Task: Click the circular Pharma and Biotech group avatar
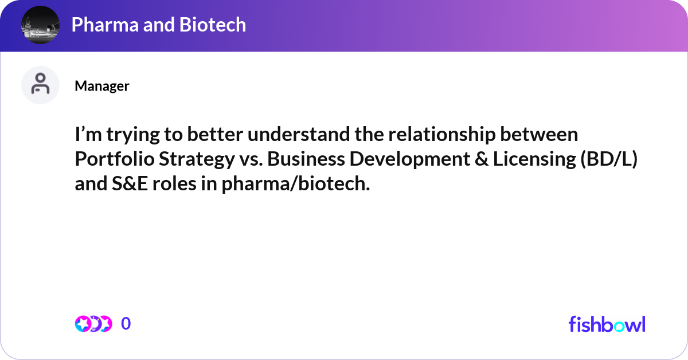(40, 25)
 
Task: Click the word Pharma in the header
(105, 25)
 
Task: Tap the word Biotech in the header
(213, 24)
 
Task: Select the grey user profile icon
(40, 85)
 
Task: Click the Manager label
(102, 86)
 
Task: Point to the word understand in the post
(299, 134)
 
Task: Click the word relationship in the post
(442, 135)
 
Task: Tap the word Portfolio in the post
(115, 159)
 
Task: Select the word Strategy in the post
(197, 160)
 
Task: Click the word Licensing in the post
(534, 160)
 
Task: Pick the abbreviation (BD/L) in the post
(609, 159)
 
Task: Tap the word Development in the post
(410, 160)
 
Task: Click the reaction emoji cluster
(93, 324)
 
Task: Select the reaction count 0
(126, 323)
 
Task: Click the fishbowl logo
(607, 324)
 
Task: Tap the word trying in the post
(133, 135)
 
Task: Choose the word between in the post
(539, 135)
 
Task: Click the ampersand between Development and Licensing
(482, 159)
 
